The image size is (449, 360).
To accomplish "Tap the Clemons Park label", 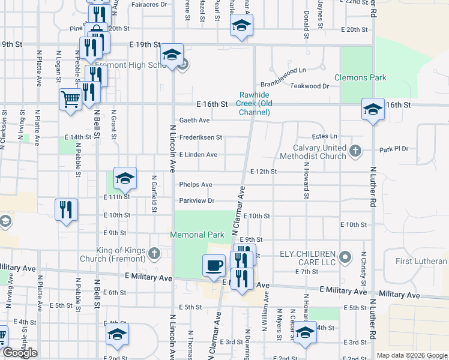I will pos(360,77).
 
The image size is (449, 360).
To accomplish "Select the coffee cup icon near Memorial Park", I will pos(213,265).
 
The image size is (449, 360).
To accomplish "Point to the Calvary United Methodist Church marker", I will pos(355,150).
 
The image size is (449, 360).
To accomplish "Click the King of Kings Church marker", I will pos(154,254).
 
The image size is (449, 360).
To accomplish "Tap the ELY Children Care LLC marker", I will pos(345,258).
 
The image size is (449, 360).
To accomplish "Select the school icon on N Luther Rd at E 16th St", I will pos(373,109).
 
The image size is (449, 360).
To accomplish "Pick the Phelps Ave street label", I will pos(195,184).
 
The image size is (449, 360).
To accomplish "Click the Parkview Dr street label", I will pos(196,200).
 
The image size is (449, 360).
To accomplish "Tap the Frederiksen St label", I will pos(200,137).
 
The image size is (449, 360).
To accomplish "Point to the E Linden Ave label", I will pos(197,154).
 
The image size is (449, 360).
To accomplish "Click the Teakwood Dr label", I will pos(310,86).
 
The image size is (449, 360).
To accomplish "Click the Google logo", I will pos(20,353).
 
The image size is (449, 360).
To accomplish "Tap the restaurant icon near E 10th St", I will pos(65,209).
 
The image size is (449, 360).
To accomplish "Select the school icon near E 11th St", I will pos(125,178).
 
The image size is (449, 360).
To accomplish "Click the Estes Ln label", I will pos(325,136).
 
